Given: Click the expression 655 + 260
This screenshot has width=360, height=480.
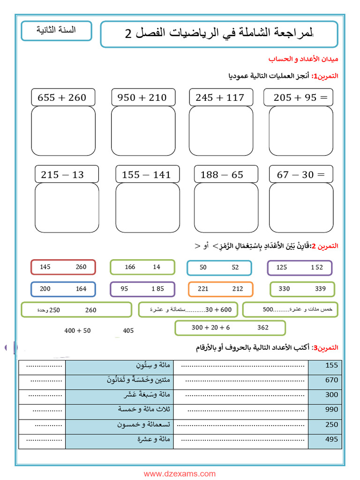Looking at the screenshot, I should click(62, 97).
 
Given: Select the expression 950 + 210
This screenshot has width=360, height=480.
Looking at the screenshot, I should click(142, 97).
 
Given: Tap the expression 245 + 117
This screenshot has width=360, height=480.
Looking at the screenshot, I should click(220, 97).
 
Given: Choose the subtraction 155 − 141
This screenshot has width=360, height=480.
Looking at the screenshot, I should click(146, 175).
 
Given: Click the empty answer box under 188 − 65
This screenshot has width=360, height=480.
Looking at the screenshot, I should click(226, 208).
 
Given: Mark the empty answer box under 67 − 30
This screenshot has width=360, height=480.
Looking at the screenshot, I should click(301, 208).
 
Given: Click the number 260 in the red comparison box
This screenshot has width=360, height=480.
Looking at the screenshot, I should click(81, 267).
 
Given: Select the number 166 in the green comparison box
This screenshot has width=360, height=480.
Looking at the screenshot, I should click(130, 267).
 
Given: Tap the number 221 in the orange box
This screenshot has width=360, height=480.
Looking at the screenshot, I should click(203, 289).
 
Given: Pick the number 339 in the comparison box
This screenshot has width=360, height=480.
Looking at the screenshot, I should click(320, 289).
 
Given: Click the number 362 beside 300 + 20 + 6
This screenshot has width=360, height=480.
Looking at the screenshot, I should click(263, 328).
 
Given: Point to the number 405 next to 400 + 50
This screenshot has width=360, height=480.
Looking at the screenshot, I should click(128, 331).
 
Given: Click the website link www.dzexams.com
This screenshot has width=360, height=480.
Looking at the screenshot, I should click(180, 474).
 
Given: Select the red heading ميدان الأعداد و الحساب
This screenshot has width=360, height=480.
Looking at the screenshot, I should click(303, 59).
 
